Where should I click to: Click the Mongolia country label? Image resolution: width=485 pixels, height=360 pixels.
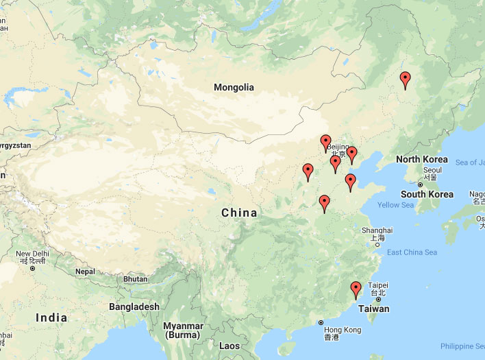coord(234,87)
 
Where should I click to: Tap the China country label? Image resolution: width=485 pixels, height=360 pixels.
coord(239,213)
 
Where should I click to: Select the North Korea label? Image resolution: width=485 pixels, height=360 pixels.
coord(422,160)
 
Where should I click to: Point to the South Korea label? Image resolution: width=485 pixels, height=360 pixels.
coord(427,194)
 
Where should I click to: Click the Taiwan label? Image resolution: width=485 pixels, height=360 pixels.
coord(374,309)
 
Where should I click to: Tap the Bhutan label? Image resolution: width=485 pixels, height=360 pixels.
coord(135,279)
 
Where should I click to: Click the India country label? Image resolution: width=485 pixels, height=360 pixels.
coord(51,317)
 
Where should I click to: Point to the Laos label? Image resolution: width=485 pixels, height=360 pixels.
coord(229,346)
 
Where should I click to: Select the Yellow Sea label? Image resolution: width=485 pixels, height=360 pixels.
coord(396,205)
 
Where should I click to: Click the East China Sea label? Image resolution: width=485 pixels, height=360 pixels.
coord(412,252)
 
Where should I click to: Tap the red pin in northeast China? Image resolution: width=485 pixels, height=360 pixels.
coord(405,81)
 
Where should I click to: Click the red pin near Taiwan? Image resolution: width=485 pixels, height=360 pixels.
coord(356,291)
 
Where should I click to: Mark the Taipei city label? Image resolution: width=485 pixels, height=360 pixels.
coord(378,285)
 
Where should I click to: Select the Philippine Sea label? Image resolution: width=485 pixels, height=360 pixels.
coord(462,346)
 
